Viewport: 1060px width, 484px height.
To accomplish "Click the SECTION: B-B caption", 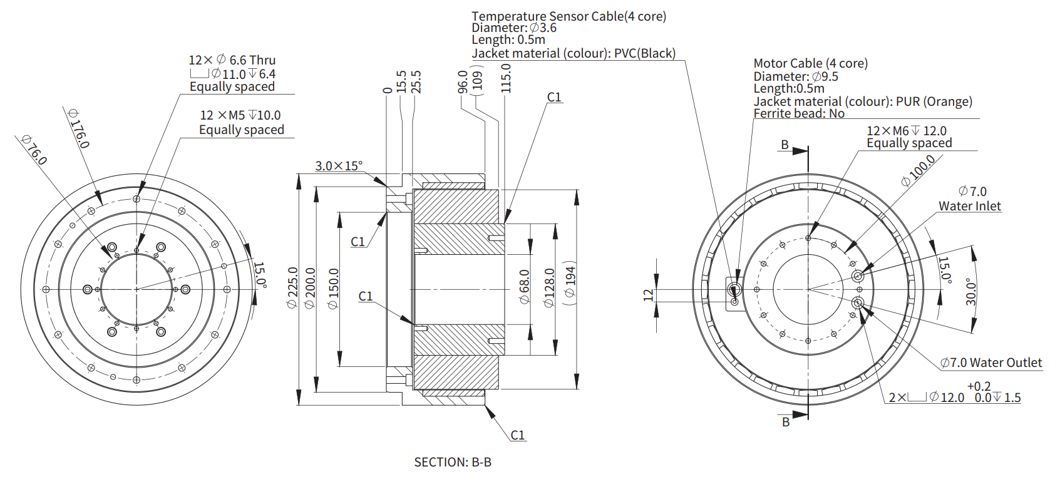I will click(x=453, y=462).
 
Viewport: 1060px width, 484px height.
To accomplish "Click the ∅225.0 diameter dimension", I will click(x=292, y=287).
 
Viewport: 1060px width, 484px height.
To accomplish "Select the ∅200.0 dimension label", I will click(x=310, y=288).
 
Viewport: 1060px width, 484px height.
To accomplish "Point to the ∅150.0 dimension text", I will click(x=333, y=289).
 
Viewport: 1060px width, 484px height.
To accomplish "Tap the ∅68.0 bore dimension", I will click(x=525, y=287).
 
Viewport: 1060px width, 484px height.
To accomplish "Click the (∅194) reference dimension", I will click(x=570, y=282).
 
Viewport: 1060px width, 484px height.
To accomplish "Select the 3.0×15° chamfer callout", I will click(x=339, y=166).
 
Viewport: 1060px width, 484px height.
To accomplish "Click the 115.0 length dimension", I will click(x=506, y=78).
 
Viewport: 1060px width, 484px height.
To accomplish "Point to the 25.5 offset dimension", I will click(x=416, y=82).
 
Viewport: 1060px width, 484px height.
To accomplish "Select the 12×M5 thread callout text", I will click(x=240, y=115).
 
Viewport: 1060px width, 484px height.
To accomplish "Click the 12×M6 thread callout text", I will click(x=906, y=131).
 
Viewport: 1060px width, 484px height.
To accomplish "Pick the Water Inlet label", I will click(x=969, y=206).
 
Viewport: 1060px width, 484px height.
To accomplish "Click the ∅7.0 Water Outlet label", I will click(x=991, y=363).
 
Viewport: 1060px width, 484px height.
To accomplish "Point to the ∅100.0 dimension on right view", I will click(x=918, y=171).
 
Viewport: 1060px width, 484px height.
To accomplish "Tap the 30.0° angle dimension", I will click(x=970, y=292).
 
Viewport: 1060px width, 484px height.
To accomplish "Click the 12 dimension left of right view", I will click(x=648, y=295).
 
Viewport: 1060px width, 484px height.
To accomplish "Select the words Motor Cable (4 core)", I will click(x=810, y=63).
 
